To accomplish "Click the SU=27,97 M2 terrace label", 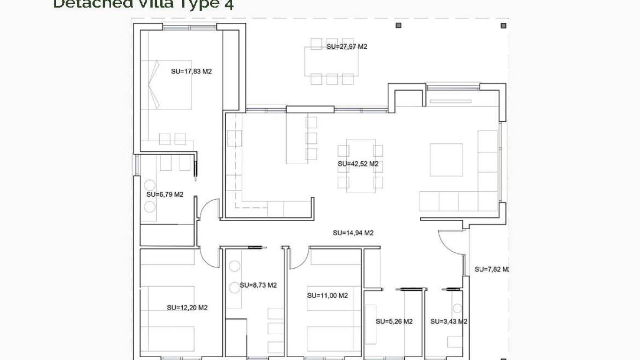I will pyautogui.click(x=347, y=47).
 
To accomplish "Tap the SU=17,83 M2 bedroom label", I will pyautogui.click(x=192, y=72).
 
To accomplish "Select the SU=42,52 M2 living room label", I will pyautogui.click(x=358, y=164).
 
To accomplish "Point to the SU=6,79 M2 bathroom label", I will pyautogui.click(x=164, y=195).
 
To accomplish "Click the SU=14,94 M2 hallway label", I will pyautogui.click(x=353, y=233).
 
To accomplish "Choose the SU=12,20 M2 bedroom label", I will pyautogui.click(x=187, y=308).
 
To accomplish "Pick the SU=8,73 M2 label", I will pyautogui.click(x=258, y=285).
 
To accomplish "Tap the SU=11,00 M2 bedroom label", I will pyautogui.click(x=327, y=296).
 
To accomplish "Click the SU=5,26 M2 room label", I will pyautogui.click(x=394, y=322).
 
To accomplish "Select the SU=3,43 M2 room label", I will pyautogui.click(x=448, y=322).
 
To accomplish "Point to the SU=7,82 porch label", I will pyautogui.click(x=491, y=270).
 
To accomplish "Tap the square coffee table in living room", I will pyautogui.click(x=446, y=160).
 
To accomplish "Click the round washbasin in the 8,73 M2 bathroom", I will pyautogui.click(x=234, y=266).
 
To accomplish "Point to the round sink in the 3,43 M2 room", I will pyautogui.click(x=457, y=308).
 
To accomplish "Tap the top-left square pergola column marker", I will pyautogui.click(x=399, y=25).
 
